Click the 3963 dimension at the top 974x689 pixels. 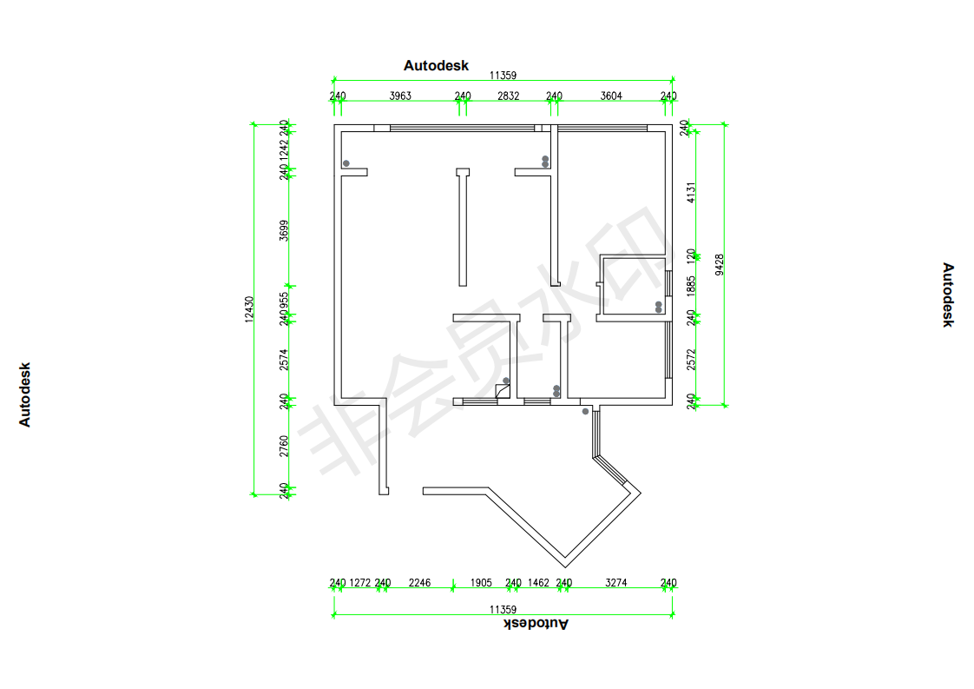400,96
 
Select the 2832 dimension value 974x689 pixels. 508,96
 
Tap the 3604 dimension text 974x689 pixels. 611,96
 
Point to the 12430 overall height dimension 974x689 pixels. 249,309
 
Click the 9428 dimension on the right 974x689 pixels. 719,264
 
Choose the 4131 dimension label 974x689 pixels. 691,192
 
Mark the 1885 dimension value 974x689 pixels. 691,285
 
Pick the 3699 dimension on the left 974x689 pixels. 284,230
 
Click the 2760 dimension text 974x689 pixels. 284,446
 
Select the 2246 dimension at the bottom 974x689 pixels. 419,583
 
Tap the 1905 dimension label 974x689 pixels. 481,583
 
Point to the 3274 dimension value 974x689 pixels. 615,583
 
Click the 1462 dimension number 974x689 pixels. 538,583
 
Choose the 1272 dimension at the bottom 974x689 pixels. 360,583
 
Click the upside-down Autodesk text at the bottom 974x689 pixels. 537,623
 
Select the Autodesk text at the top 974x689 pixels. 436,66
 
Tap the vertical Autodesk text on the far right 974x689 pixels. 948,295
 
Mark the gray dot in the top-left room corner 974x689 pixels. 346,163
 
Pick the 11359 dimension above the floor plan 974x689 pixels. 503,76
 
